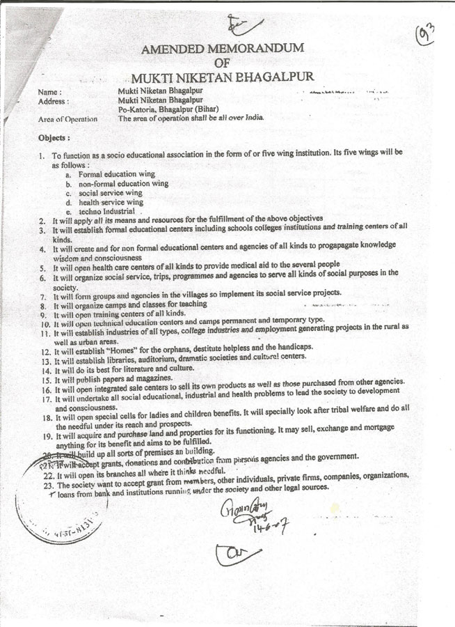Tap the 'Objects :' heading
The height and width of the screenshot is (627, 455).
55,138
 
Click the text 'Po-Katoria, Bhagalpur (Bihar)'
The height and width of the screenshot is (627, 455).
166,109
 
